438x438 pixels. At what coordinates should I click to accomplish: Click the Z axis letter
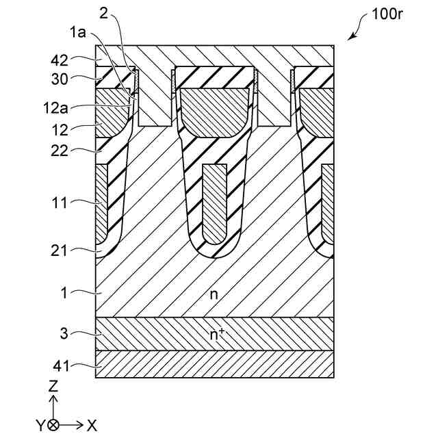[53, 386]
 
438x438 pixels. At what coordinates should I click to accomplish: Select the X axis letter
[92, 425]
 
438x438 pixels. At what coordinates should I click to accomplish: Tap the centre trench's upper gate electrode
[214, 110]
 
